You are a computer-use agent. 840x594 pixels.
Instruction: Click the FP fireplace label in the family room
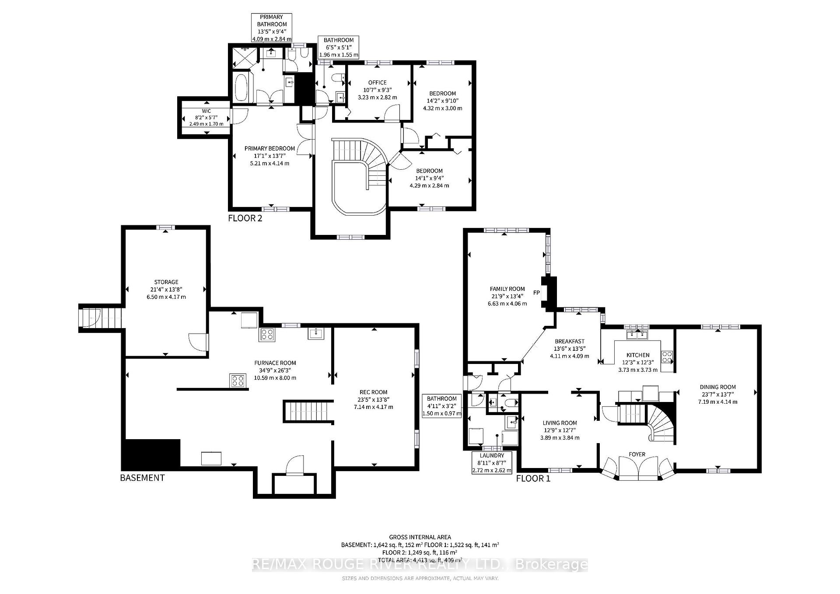click(536, 293)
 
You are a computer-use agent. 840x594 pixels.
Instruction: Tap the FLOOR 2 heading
click(245, 218)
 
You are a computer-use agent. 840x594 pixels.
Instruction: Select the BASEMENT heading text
click(142, 478)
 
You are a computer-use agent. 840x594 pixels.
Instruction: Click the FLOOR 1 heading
click(533, 478)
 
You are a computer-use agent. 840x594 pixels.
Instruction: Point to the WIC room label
click(206, 111)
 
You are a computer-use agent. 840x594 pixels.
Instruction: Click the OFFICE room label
click(377, 82)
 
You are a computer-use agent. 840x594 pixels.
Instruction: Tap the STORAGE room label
click(166, 282)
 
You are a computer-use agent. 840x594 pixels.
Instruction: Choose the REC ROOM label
click(373, 392)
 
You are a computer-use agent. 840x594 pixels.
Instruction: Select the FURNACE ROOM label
click(275, 363)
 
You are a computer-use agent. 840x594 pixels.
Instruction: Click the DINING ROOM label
click(717, 387)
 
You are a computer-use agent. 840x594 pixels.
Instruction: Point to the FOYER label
click(637, 454)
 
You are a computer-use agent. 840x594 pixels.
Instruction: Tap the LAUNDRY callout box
click(492, 463)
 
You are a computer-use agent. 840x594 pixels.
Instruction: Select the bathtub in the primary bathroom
click(241, 88)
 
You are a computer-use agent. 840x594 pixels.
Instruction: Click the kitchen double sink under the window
click(637, 335)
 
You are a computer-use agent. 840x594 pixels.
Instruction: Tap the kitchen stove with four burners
click(667, 357)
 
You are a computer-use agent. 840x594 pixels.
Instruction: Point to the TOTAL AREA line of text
click(420, 560)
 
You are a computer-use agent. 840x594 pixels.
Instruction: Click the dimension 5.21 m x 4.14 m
click(269, 163)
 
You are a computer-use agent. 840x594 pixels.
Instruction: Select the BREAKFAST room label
click(569, 341)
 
